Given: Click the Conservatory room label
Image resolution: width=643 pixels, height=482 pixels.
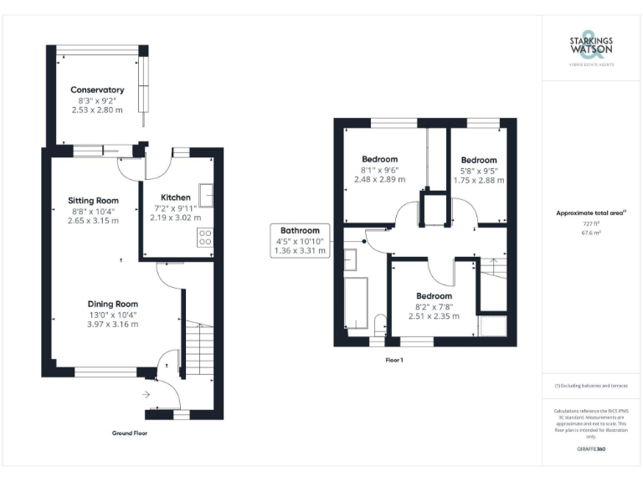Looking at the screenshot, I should click(97, 90).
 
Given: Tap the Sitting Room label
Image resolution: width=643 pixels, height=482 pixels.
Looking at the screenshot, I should click(93, 201).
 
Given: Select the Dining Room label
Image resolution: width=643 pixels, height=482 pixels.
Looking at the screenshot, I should click(113, 304).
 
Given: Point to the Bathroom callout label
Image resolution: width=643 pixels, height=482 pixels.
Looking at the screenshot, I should click(300, 230).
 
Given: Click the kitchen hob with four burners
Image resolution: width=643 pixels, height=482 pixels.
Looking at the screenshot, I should click(204, 237).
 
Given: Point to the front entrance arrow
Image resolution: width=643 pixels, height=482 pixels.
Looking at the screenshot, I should click(147, 392).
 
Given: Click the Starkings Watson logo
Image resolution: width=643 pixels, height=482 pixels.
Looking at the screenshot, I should click(591, 47).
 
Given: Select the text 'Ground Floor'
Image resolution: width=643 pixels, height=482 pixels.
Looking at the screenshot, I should click(130, 433).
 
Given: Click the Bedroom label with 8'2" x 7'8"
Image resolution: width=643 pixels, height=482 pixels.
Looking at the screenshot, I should click(434, 296).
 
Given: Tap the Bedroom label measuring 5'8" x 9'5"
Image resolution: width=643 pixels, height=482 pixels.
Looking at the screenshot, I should click(478, 160).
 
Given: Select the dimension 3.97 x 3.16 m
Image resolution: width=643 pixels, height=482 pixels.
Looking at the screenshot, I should click(113, 324).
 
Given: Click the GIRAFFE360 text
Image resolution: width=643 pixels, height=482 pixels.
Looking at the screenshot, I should click(591, 449).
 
